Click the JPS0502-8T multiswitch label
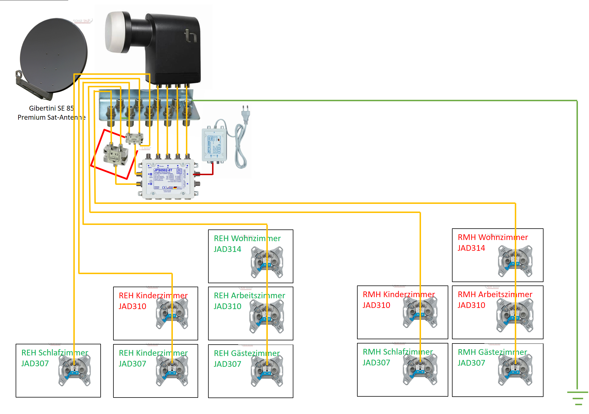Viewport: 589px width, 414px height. pos(163,170)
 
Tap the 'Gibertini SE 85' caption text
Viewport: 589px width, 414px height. pos(51,108)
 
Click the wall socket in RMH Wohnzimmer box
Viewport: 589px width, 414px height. pos(515,261)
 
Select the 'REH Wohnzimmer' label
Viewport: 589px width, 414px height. pos(247,238)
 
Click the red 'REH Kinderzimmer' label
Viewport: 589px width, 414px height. pos(153,295)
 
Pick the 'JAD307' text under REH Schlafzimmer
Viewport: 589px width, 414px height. pos(35,363)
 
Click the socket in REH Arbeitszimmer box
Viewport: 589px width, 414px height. pos(266,316)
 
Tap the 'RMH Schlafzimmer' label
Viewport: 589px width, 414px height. pos(398,352)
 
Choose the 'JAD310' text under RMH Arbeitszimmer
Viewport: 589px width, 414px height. pos(471,305)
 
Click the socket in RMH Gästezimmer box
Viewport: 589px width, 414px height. pos(515,370)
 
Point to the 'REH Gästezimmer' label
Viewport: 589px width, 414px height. pos(247,353)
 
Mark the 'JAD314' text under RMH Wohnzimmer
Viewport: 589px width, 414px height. pos(471,248)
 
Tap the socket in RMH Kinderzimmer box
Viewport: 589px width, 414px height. pos(420,312)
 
